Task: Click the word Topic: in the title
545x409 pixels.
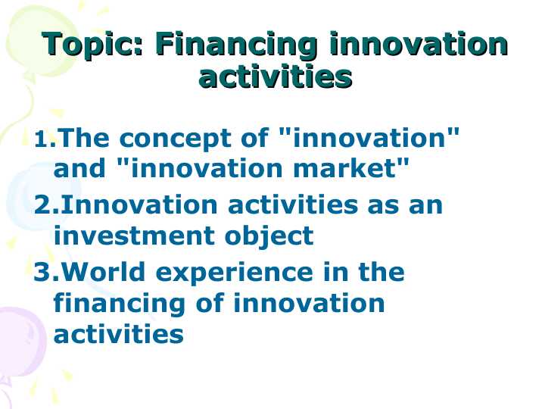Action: tap(92, 45)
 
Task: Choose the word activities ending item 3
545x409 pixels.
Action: tap(118, 333)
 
